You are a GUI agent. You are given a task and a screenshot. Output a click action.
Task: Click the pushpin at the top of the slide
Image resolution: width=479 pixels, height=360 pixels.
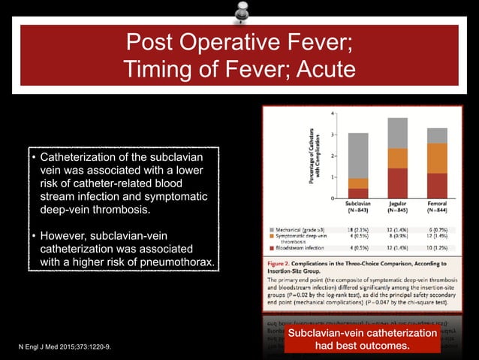pos(242,13)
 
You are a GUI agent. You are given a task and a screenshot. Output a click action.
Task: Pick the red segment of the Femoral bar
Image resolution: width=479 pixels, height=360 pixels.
pos(437,184)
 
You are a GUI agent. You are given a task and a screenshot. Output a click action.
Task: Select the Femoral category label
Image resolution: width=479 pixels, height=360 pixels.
pos(437,204)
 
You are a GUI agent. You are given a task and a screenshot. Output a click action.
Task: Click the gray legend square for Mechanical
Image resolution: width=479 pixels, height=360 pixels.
pos(272,226)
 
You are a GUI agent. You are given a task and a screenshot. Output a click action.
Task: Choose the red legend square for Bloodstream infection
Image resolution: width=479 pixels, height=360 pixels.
pos(272,247)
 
